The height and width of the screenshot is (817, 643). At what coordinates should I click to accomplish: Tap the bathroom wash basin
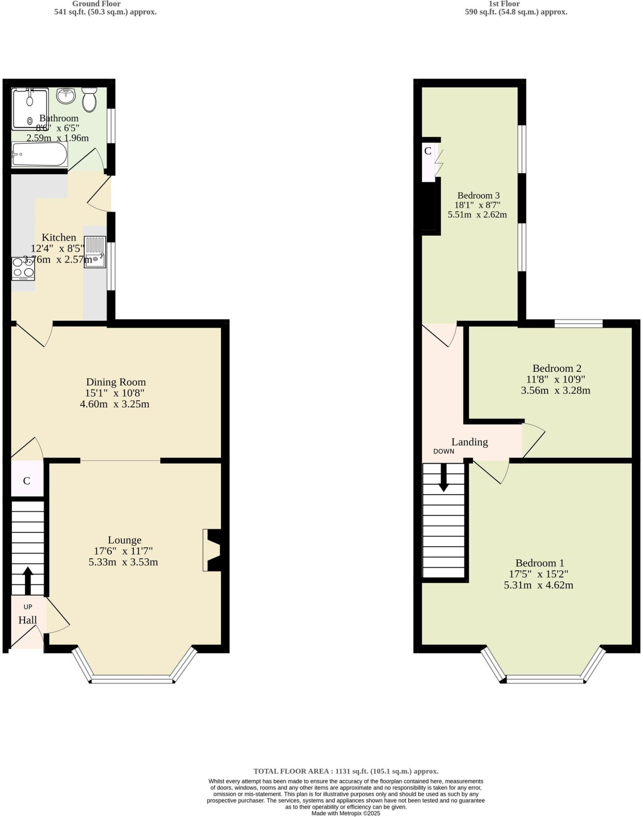coord(66,96)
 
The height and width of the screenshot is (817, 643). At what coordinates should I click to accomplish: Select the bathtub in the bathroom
coord(39,154)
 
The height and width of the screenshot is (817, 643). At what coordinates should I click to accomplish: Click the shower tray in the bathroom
coord(30,109)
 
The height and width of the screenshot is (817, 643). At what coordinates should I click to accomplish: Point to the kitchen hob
coord(23,269)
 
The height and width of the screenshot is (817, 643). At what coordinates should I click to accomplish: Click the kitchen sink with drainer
coord(95,252)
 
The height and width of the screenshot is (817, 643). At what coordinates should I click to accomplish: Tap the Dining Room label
coord(116,382)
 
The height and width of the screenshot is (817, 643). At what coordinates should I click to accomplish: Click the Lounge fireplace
coord(212,550)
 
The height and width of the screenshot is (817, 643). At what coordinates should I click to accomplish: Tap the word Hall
coord(28,620)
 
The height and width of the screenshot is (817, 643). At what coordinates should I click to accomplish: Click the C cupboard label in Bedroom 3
coord(428,151)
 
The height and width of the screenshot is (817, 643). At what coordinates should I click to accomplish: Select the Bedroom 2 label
coord(556,368)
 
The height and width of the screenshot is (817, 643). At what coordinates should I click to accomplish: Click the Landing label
coord(469,442)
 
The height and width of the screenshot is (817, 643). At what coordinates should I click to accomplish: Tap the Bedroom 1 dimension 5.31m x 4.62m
coord(538,585)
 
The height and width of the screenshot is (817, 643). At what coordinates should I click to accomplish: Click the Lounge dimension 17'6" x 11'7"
coord(123,551)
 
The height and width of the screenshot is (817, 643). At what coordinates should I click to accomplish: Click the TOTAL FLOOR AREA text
coord(346,771)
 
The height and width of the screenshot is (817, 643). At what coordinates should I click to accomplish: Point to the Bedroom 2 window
coord(578,324)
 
